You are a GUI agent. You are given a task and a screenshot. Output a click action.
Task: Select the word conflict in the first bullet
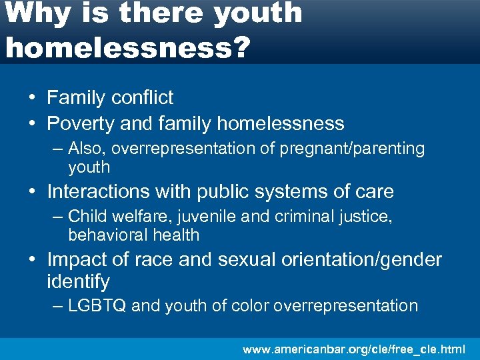point(142,97)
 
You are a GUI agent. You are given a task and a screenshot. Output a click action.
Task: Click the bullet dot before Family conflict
point(32,97)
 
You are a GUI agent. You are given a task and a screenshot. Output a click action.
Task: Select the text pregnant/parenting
point(352,149)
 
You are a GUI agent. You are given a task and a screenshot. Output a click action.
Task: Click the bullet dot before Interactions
point(32,192)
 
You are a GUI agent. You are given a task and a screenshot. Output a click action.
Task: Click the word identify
point(78,281)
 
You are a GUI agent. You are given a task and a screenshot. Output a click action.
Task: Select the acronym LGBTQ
point(97,306)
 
